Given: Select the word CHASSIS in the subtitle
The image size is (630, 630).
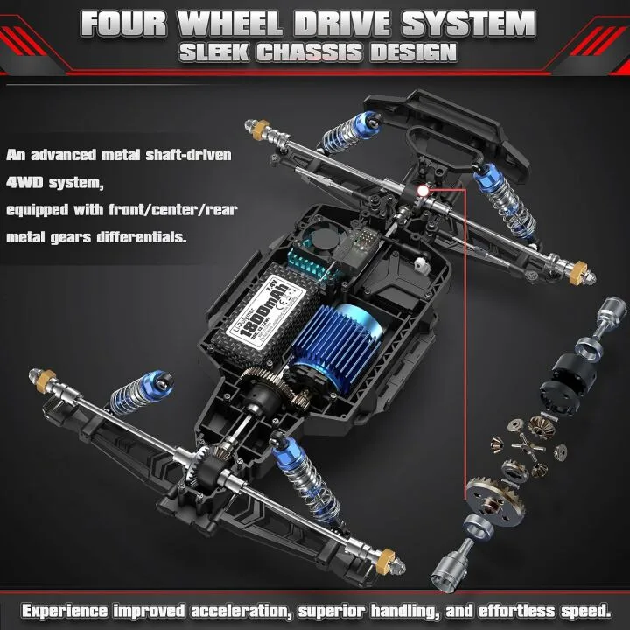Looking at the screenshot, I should (x=314, y=52).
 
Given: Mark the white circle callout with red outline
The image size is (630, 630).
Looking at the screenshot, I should (x=423, y=189).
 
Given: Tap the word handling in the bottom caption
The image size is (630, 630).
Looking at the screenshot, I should (x=402, y=609).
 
